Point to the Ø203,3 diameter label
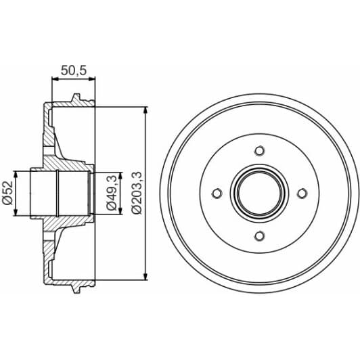pos(137,193)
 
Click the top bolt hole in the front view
pos(259,151)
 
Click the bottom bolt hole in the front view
pos(259,235)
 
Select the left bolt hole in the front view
pos(217,194)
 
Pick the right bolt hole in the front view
pos(302,194)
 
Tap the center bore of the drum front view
pos(259,194)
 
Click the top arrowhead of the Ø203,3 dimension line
pos(146,110)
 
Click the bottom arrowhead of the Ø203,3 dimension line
pos(146,275)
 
